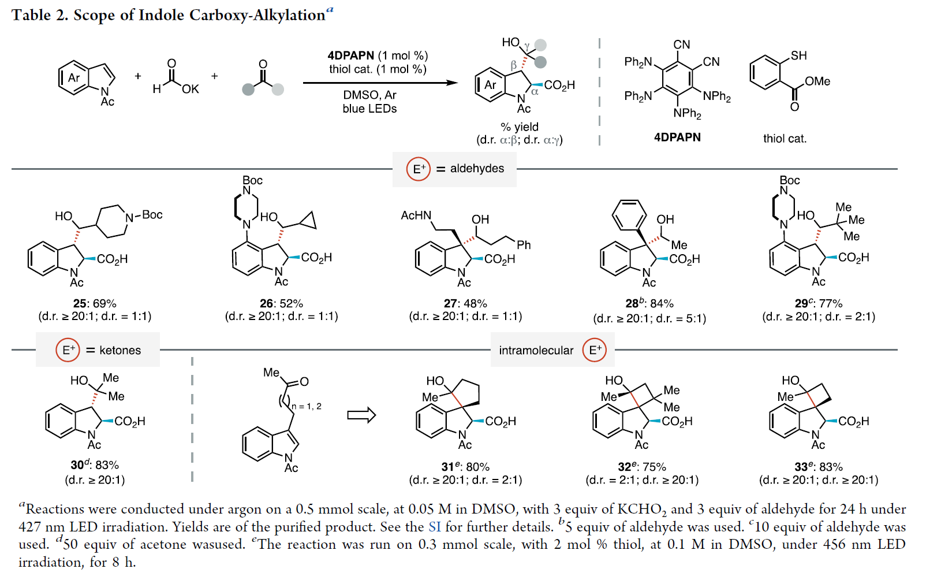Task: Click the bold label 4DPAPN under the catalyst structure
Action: pos(677,137)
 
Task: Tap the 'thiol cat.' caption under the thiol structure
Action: pos(785,139)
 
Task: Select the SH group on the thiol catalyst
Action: pos(798,55)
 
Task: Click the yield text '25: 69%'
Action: pos(95,303)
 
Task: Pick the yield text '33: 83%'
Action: pos(818,466)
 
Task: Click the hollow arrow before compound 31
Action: pos(361,415)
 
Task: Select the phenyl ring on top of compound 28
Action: pos(629,215)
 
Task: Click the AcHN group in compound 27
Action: pos(416,215)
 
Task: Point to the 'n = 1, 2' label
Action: pos(307,406)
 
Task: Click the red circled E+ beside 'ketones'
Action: pos(68,350)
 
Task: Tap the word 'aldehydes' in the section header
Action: pos(477,169)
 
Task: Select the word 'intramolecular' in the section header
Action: pos(536,350)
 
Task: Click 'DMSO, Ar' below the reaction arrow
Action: pos(369,95)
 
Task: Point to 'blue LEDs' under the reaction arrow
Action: pos(369,109)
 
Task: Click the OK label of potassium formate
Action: pos(190,89)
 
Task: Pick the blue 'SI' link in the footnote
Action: pos(434,527)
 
